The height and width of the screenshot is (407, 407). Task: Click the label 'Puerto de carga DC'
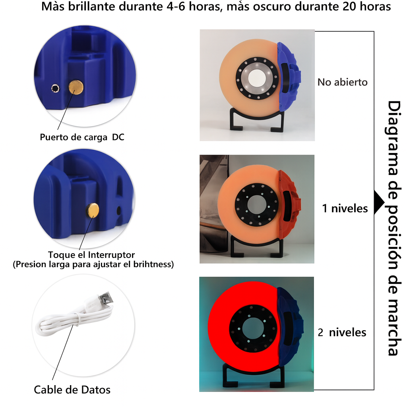click(82, 137)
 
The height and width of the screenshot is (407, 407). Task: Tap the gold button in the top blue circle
click(76, 87)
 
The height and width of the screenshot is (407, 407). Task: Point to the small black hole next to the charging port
click(55, 89)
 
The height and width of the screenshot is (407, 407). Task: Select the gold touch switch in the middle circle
click(93, 210)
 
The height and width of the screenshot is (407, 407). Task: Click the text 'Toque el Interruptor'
click(91, 255)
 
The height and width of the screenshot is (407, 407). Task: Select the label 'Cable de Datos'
click(72, 390)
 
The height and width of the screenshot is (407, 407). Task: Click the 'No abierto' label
click(342, 82)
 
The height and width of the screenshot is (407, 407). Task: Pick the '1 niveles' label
click(345, 208)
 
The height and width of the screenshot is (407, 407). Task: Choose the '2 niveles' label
click(342, 332)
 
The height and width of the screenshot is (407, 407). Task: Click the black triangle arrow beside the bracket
click(379, 202)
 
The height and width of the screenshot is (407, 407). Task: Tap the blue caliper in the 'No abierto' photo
click(289, 77)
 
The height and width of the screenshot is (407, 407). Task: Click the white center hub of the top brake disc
click(257, 78)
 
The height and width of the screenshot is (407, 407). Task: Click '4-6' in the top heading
click(176, 6)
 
